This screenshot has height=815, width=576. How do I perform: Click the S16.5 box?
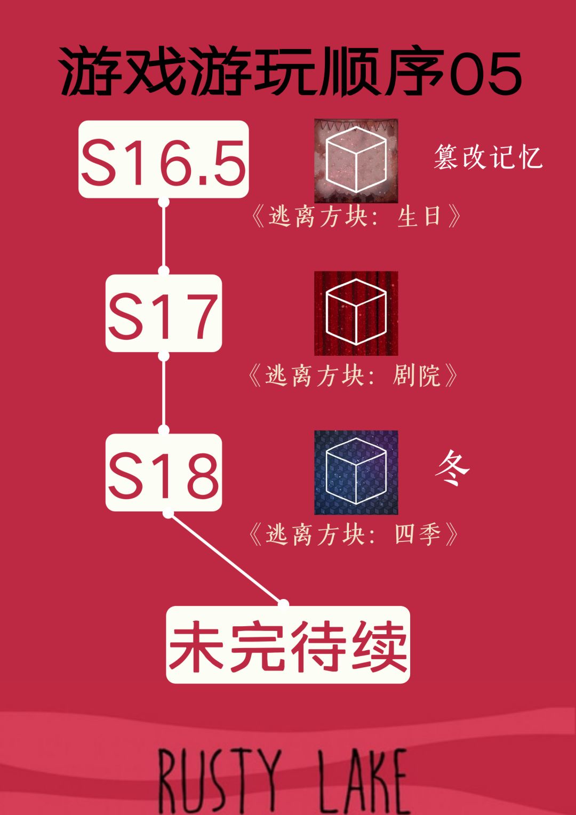point(163,159)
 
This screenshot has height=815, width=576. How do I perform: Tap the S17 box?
point(163,313)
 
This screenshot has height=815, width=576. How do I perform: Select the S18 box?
point(163,472)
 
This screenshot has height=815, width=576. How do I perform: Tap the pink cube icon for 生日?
point(356,161)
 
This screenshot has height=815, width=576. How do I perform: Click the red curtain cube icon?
point(356,313)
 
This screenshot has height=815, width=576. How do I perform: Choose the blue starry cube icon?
point(356,472)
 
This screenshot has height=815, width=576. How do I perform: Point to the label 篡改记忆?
point(488,157)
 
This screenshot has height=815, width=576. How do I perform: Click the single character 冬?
point(452,468)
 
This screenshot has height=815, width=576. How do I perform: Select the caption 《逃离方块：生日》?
point(356,217)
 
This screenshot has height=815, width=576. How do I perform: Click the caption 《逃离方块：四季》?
point(352,534)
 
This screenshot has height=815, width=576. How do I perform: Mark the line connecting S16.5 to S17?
point(164,236)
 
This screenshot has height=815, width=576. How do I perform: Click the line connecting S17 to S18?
point(164,393)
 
